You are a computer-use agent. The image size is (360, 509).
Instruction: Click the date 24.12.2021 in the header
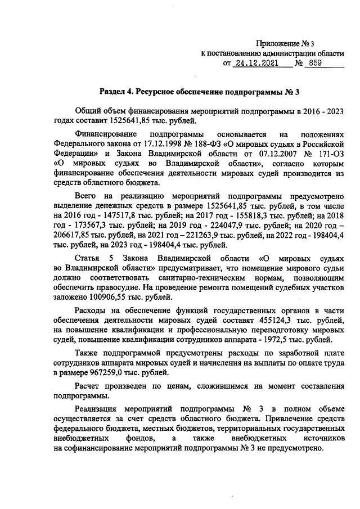[x=257, y=64]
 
